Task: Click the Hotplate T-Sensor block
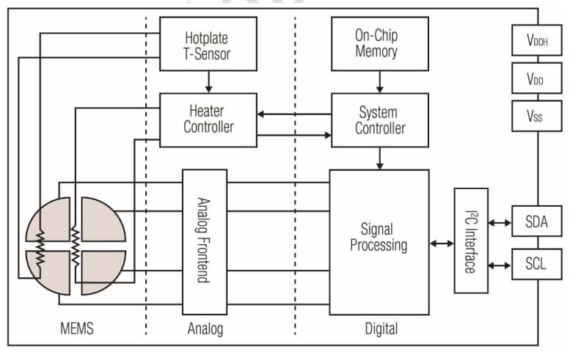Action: click(208, 44)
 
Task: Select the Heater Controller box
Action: click(208, 120)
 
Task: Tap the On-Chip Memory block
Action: click(379, 44)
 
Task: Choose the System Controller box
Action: click(379, 120)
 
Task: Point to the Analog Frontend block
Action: click(205, 241)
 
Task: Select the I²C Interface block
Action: click(470, 240)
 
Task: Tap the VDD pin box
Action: click(536, 78)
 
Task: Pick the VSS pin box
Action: click(536, 115)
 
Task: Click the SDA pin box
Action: click(536, 221)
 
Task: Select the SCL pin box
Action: click(536, 262)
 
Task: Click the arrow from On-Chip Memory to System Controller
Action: click(379, 81)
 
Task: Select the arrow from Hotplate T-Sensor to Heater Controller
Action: click(208, 81)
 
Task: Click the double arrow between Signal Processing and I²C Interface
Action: click(442, 243)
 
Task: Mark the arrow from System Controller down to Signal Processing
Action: click(379, 158)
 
